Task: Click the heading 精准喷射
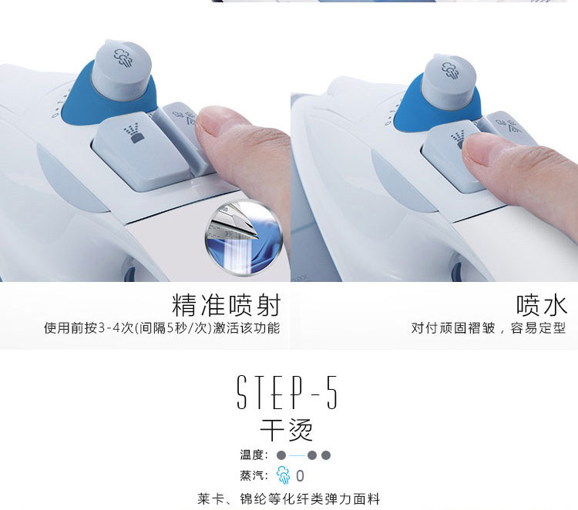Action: [x=226, y=305]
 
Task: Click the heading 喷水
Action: [x=541, y=305]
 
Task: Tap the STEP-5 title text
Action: [x=287, y=392]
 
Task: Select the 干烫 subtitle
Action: [x=287, y=430]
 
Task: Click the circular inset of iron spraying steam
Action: [x=244, y=238]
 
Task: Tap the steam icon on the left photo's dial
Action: [x=123, y=58]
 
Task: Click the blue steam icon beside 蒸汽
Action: [x=283, y=475]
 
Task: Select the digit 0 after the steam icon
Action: [x=300, y=476]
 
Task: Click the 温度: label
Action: [x=254, y=455]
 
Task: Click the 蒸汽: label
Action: [x=254, y=475]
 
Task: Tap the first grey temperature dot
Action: [x=281, y=455]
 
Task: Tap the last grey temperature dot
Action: [x=326, y=455]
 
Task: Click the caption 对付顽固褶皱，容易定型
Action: [x=489, y=327]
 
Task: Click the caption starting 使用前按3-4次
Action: [x=162, y=327]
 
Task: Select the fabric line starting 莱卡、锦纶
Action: [x=289, y=499]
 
